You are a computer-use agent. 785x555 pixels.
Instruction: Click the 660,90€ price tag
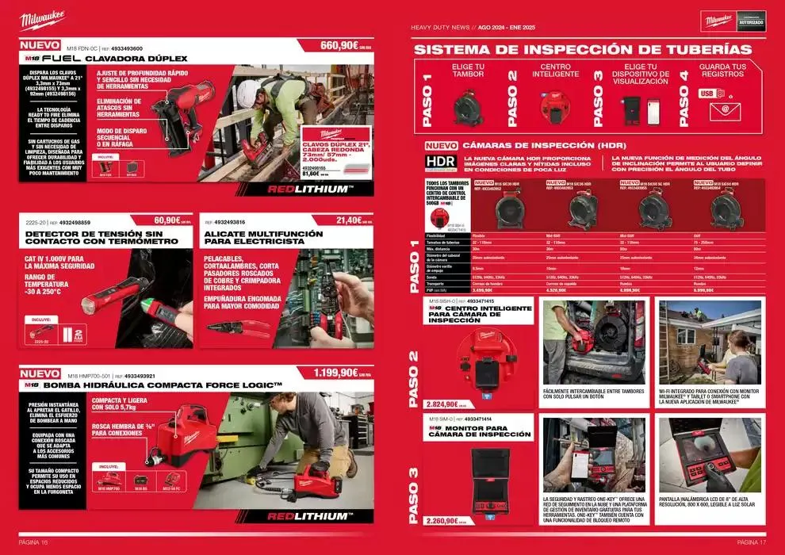(x=340, y=45)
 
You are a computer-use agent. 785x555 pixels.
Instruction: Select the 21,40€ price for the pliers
(x=350, y=220)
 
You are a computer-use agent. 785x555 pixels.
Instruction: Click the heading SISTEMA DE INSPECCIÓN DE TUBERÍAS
(x=583, y=49)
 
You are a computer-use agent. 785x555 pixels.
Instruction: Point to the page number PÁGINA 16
(x=34, y=542)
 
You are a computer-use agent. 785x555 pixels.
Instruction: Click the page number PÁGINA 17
(x=750, y=542)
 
